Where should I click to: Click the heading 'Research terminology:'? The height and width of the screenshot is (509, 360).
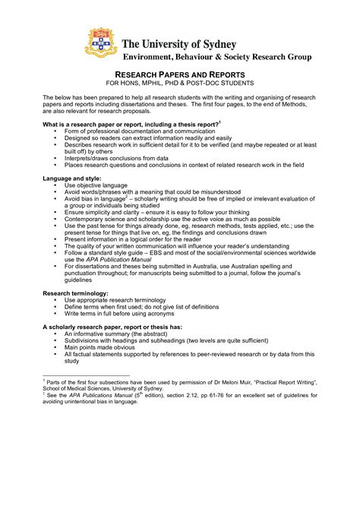[x=75, y=292]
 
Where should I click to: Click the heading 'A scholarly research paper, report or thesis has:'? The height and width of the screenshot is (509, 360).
[x=122, y=326]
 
